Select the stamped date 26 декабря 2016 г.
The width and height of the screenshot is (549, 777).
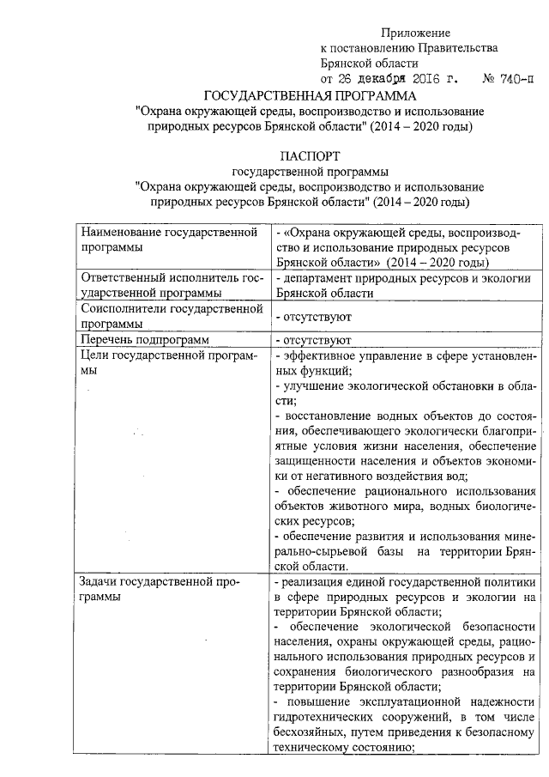point(391,79)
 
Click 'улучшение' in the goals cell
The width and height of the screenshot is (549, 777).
point(312,386)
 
